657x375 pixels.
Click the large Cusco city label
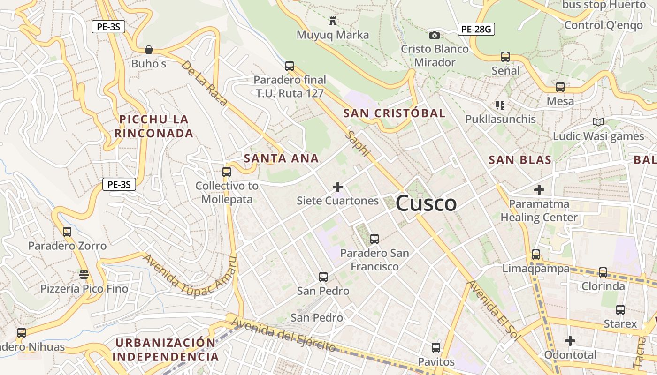[426, 203]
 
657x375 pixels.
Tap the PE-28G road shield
[476, 30]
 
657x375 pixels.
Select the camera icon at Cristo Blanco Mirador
[435, 35]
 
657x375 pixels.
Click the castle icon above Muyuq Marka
[333, 21]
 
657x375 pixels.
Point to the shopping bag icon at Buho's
[149, 49]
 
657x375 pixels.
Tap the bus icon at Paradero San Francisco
[374, 239]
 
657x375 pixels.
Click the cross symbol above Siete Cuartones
[337, 187]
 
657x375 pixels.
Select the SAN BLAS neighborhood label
[520, 160]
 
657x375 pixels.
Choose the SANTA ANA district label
[282, 158]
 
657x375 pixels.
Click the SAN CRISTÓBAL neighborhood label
[394, 113]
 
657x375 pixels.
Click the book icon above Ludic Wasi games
[598, 122]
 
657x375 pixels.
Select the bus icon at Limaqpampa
[535, 255]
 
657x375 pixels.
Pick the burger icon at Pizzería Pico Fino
[84, 275]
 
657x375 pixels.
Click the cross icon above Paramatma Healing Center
[539, 190]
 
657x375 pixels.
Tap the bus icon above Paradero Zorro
[67, 232]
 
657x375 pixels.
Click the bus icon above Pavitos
[436, 348]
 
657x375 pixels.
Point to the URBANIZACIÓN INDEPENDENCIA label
[166, 350]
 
